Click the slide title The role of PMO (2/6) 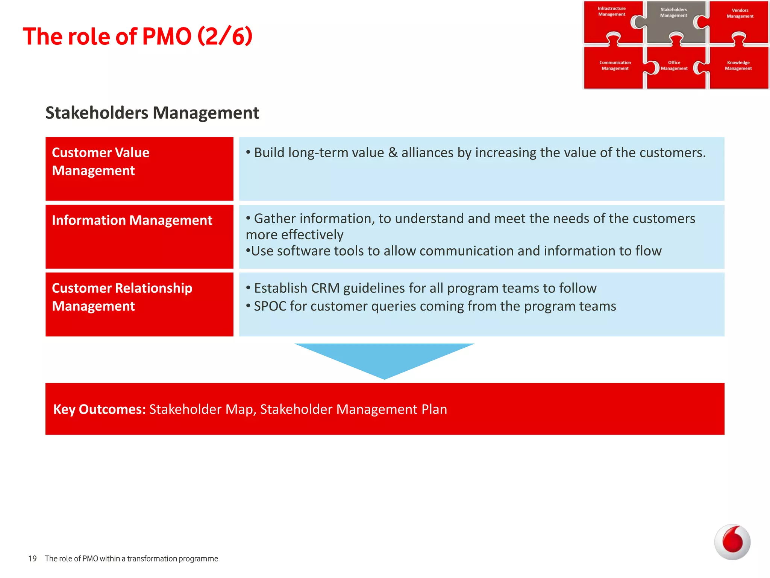[138, 37]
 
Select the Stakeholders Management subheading [152, 113]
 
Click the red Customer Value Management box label [101, 161]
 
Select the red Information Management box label [132, 220]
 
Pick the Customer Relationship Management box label [122, 297]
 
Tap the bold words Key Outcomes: [99, 409]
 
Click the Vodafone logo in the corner [732, 542]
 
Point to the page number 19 [32, 558]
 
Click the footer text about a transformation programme [131, 558]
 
